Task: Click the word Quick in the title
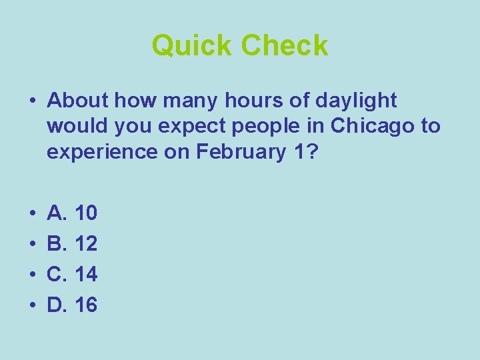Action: coord(193,46)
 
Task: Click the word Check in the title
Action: coord(285,46)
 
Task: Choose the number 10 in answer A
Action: coord(87,213)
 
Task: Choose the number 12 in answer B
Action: coord(87,244)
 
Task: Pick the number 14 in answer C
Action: coord(87,275)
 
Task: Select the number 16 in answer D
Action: coord(87,305)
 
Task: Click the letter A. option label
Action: coord(58,213)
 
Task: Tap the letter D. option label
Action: coord(58,305)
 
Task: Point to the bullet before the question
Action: coord(32,101)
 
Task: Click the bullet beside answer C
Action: coord(32,275)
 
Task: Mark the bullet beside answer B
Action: coord(32,244)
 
